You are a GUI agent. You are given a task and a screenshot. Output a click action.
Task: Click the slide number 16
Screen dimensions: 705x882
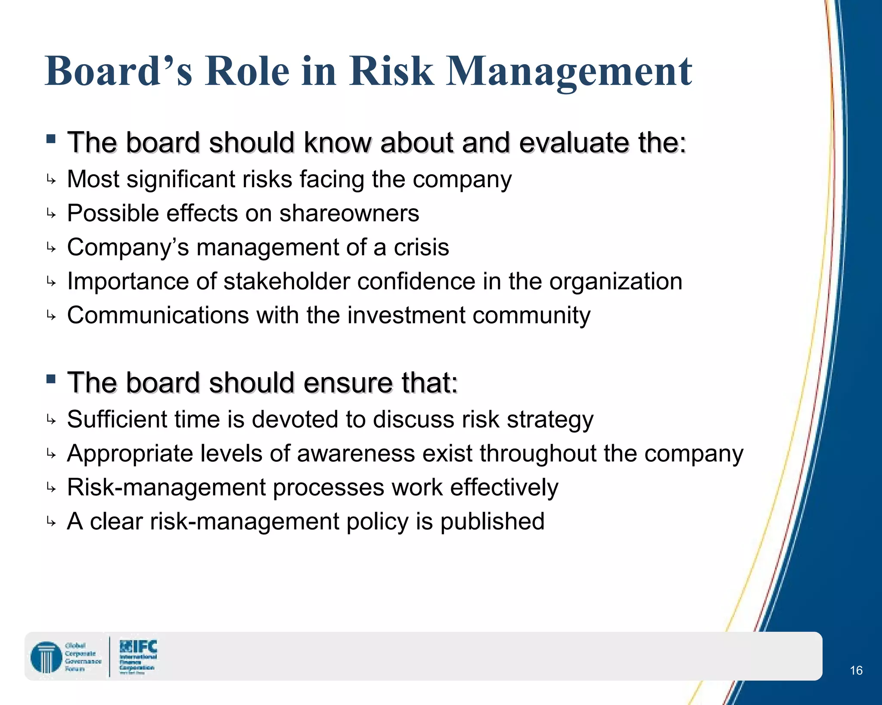pos(856,670)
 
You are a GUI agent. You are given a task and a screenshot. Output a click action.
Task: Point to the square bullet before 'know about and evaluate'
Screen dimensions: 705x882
pos(51,139)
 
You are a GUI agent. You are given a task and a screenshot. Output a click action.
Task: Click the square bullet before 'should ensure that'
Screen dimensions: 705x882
pos(51,379)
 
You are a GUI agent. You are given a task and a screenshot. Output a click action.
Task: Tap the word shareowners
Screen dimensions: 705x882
pos(349,213)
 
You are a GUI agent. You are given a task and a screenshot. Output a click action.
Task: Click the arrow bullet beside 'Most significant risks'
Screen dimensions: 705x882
pos(51,180)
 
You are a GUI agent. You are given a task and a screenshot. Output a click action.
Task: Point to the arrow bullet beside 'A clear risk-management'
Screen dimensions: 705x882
pos(51,523)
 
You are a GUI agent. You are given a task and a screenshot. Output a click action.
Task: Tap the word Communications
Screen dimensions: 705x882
pos(158,315)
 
